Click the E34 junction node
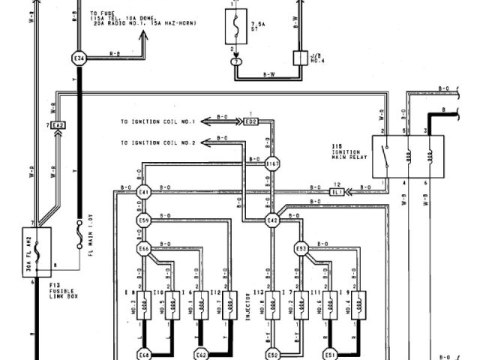pos(79,57)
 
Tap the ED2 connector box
pos(250,121)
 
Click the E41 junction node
pos(144,193)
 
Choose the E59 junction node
pos(144,221)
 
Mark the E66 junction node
pos(144,248)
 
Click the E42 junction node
pos(272,220)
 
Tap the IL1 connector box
pos(337,193)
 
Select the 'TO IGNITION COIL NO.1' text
pos(157,121)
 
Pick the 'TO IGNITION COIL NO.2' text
pos(157,142)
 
